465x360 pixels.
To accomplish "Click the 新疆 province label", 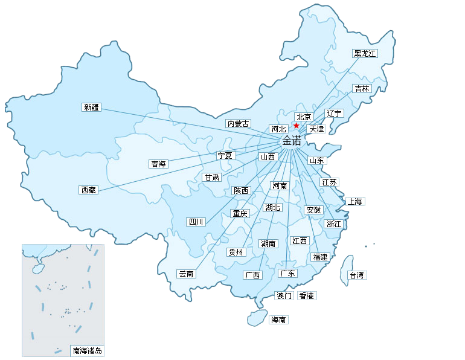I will pyautogui.click(x=91, y=108).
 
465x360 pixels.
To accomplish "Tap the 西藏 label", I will pyautogui.click(x=88, y=190).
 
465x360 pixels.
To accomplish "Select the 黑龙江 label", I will pyautogui.click(x=365, y=53).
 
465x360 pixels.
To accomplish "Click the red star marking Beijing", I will pyautogui.click(x=296, y=125).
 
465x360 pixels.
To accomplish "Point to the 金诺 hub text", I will pyautogui.click(x=292, y=141).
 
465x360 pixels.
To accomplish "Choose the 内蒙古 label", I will pyautogui.click(x=238, y=123).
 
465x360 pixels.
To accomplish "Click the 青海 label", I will pyautogui.click(x=158, y=164).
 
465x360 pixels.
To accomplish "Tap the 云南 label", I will pyautogui.click(x=186, y=274).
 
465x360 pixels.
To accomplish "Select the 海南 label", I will pyautogui.click(x=278, y=320).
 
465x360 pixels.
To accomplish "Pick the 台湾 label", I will pyautogui.click(x=357, y=275).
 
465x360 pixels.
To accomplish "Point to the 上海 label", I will pyautogui.click(x=354, y=201).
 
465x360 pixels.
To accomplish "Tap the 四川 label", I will pyautogui.click(x=196, y=222).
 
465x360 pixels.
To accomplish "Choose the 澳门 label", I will pyautogui.click(x=284, y=295).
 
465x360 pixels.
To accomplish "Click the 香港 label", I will pyautogui.click(x=306, y=295).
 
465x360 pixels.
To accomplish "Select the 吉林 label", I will pyautogui.click(x=362, y=88).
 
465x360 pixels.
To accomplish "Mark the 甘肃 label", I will pyautogui.click(x=212, y=178).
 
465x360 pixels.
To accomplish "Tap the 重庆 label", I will pyautogui.click(x=240, y=213).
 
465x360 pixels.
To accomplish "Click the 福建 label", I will pyautogui.click(x=319, y=257).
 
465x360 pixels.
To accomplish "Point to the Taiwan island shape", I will pyautogui.click(x=348, y=266).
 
